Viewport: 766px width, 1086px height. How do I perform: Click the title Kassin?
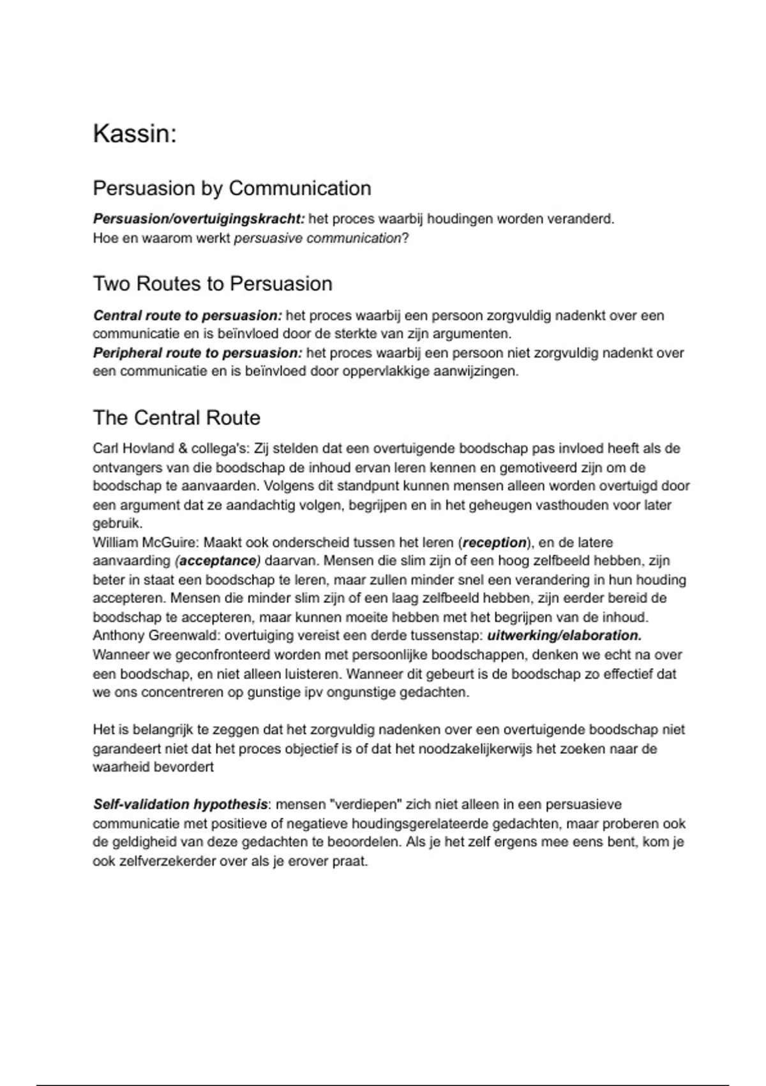[x=135, y=134]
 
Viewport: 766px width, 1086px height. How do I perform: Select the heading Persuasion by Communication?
[x=232, y=188]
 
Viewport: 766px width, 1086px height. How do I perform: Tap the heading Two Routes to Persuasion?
[x=213, y=284]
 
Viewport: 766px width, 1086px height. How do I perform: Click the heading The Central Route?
[x=177, y=418]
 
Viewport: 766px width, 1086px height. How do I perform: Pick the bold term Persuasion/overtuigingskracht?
[x=199, y=219]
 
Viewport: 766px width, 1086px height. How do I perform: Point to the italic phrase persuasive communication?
[x=317, y=238]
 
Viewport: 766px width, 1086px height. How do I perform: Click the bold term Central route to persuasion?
[x=188, y=316]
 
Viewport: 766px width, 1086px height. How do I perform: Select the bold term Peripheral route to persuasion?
[x=198, y=353]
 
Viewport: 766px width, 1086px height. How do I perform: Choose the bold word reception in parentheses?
[x=495, y=543]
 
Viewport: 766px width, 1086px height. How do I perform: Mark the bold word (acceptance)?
[x=218, y=562]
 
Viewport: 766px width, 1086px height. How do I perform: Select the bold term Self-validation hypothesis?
[x=181, y=805]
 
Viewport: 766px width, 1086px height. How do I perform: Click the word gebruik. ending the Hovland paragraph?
[x=117, y=523]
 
